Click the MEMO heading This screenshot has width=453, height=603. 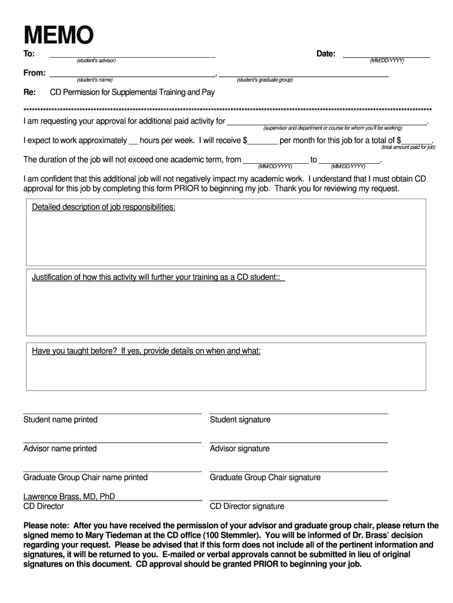click(x=58, y=36)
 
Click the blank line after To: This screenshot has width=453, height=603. click(x=132, y=55)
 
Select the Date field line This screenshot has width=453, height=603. click(x=386, y=55)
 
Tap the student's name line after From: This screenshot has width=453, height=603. click(x=132, y=75)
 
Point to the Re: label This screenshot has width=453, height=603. click(x=29, y=92)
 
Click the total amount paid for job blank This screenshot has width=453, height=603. click(x=417, y=142)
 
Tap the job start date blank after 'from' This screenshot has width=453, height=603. click(x=275, y=161)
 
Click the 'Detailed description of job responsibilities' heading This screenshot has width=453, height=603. click(x=104, y=207)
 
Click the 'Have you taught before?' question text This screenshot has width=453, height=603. click(x=146, y=351)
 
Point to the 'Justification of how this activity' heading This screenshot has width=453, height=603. click(x=158, y=277)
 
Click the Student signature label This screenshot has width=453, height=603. click(x=240, y=420)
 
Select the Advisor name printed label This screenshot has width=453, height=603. click(x=60, y=449)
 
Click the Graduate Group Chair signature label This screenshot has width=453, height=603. click(x=265, y=478)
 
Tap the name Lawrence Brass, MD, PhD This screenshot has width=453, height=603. click(x=69, y=496)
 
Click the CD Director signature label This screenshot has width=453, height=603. click(x=247, y=506)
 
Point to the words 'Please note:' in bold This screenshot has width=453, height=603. click(x=46, y=525)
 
